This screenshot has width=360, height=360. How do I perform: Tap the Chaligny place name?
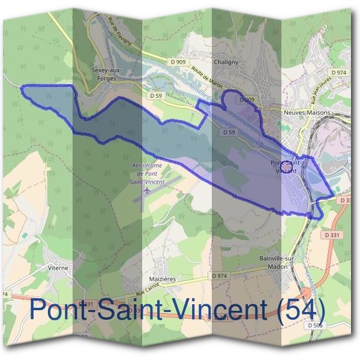(227, 61)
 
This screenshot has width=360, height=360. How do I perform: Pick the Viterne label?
(58, 268)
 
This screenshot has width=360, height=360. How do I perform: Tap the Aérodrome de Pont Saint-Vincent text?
(147, 173)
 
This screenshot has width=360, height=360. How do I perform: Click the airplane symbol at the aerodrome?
(148, 190)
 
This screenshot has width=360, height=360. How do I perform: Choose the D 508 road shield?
(315, 325)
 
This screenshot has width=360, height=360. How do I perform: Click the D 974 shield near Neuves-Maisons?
(340, 72)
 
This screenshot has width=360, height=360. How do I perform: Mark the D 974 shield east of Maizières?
(221, 275)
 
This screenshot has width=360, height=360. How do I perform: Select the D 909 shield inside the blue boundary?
(247, 100)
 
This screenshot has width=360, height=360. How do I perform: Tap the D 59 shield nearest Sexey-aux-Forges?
(156, 95)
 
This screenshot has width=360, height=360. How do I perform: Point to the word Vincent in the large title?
(210, 310)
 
